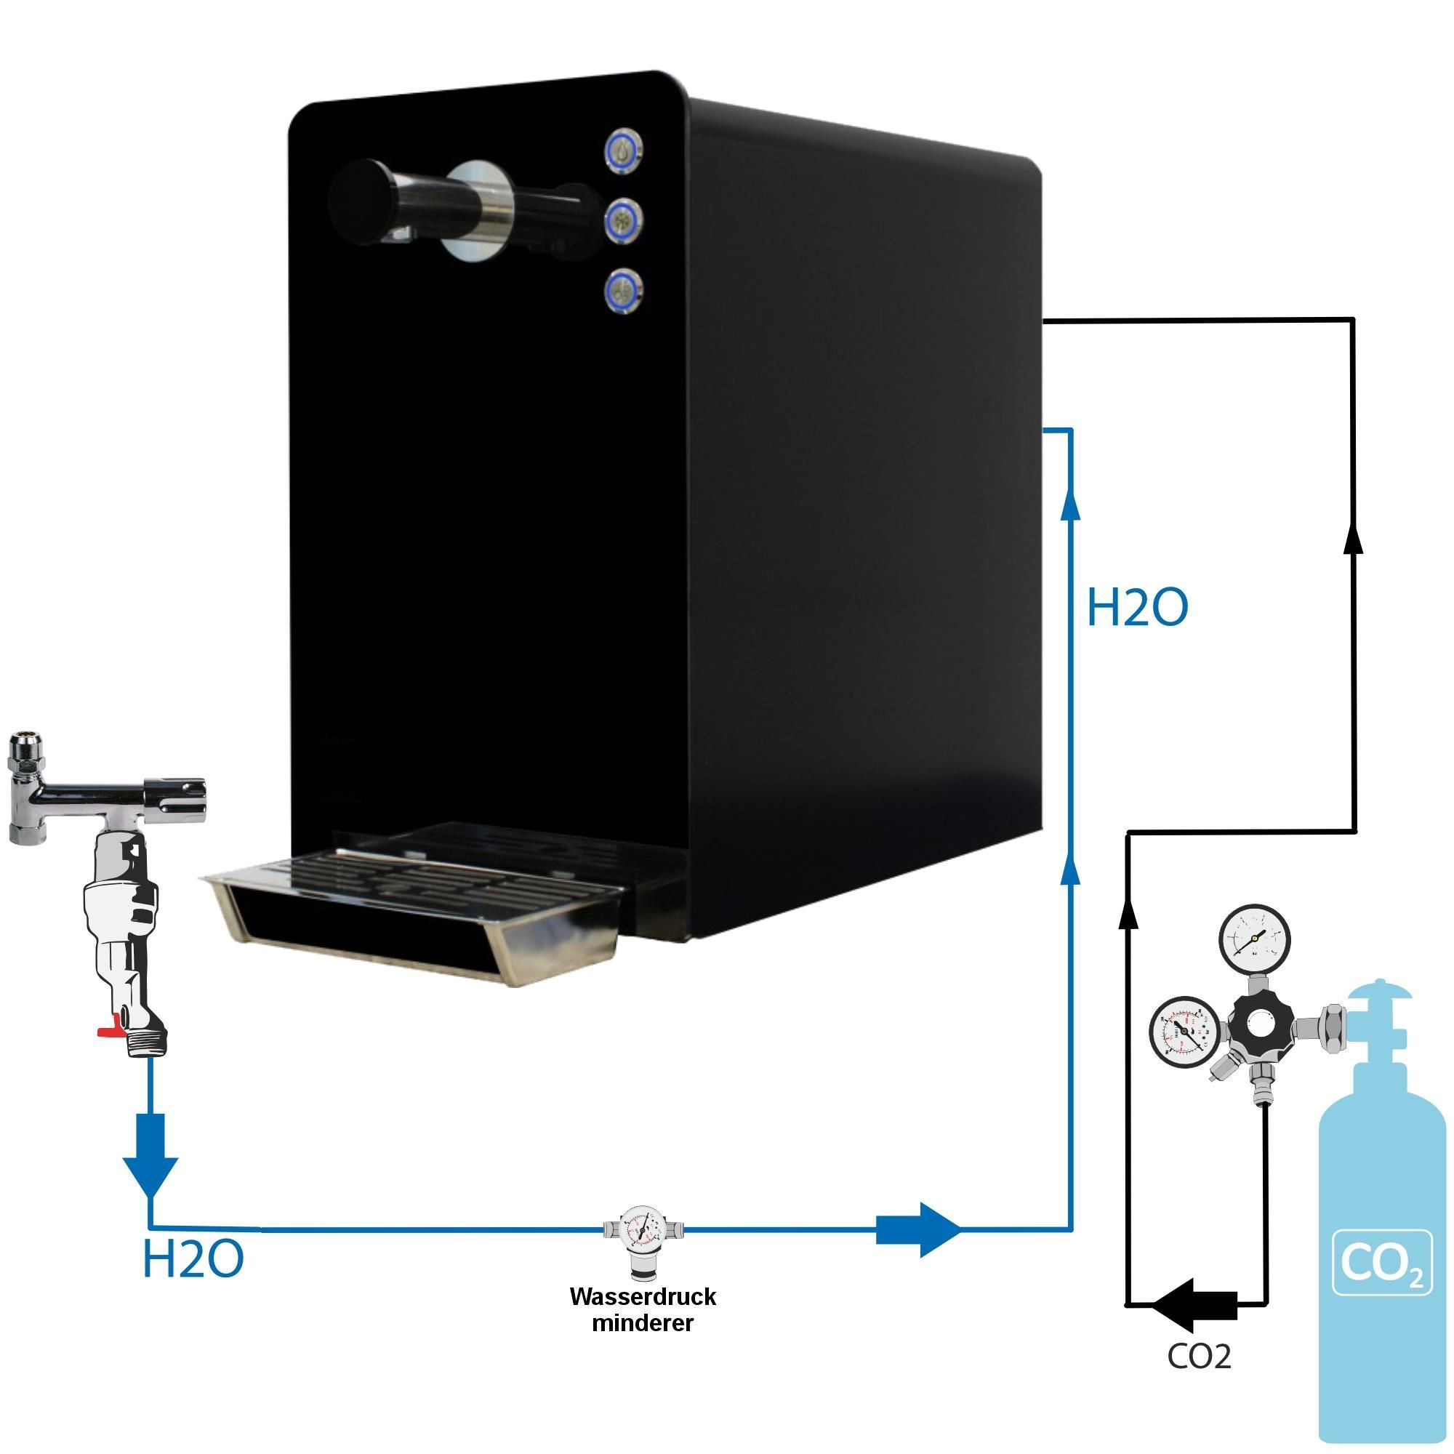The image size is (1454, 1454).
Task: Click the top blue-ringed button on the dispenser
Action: click(624, 150)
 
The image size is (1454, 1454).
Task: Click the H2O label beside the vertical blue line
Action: click(1136, 608)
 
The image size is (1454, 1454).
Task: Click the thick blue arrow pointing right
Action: click(918, 1230)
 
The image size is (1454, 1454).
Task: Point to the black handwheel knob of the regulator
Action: click(1259, 1026)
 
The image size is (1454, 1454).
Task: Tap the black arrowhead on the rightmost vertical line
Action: click(1353, 537)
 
